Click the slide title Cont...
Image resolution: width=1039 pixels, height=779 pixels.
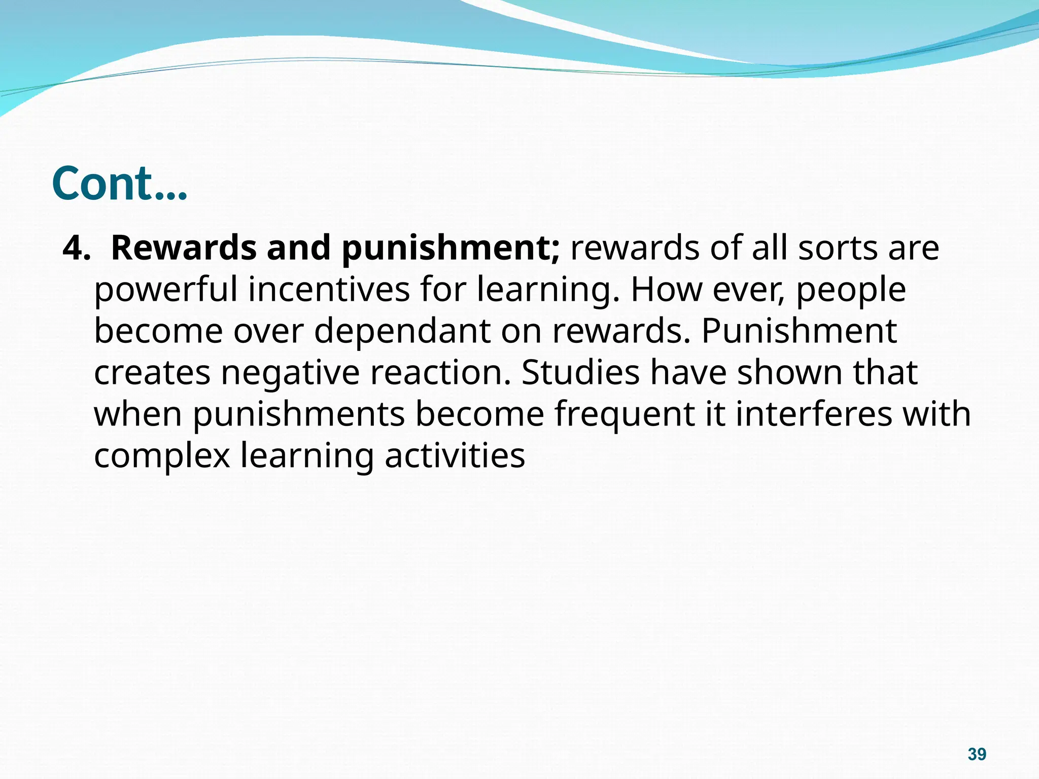coord(119,183)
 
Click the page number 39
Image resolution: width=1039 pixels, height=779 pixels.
coord(977,754)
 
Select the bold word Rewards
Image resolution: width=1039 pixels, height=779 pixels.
coord(184,249)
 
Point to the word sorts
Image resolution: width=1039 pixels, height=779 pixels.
coord(838,249)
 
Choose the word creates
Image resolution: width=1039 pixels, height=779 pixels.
coord(152,373)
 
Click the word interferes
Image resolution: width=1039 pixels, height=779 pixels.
coord(814,414)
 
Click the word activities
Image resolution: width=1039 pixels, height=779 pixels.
coord(455,456)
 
